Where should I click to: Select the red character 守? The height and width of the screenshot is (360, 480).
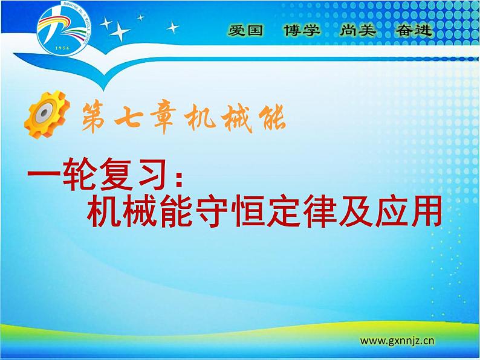218,211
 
